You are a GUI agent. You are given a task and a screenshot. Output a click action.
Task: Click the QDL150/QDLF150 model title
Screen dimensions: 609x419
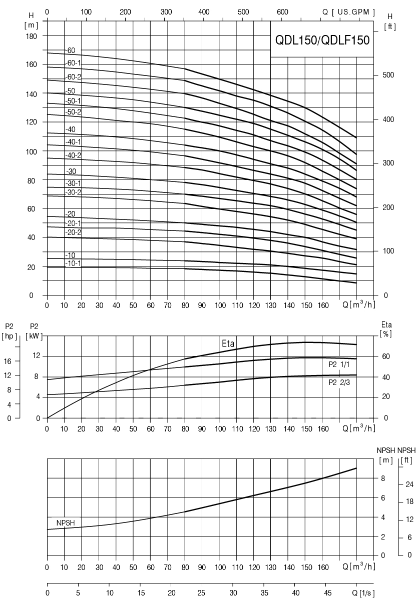[322, 40]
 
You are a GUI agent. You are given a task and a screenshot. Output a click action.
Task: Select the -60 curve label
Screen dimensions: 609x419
[70, 50]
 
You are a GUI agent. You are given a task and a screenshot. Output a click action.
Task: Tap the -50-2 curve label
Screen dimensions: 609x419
[74, 111]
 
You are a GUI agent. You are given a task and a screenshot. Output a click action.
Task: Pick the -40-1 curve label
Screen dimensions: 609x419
[74, 142]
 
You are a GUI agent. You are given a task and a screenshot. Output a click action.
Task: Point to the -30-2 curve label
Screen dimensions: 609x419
[74, 192]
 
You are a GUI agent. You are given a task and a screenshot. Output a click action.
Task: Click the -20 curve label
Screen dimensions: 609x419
[70, 214]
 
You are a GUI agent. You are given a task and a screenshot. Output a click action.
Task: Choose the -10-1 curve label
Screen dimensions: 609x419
[74, 263]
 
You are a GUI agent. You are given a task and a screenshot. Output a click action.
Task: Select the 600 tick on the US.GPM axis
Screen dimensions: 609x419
[282, 12]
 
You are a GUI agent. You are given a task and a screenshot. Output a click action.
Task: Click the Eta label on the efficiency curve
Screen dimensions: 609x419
[228, 343]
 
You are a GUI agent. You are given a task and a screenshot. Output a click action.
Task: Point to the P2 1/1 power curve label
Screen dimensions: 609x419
[339, 364]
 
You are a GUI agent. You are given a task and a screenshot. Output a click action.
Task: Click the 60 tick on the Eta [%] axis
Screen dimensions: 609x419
[386, 356]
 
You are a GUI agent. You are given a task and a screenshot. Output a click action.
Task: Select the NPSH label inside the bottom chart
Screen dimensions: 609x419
[66, 522]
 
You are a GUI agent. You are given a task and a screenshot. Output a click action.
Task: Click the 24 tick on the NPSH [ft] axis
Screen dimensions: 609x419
[409, 484]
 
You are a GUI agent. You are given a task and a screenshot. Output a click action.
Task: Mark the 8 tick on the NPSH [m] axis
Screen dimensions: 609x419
[382, 478]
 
